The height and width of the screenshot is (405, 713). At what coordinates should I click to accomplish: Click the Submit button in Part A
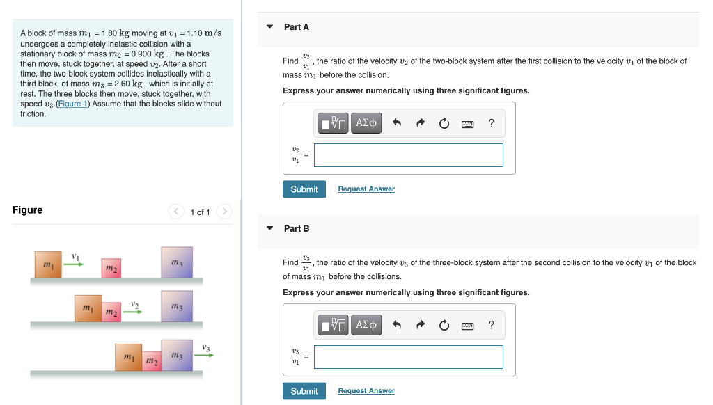[304, 189]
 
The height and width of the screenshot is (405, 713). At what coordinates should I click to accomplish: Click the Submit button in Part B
[304, 391]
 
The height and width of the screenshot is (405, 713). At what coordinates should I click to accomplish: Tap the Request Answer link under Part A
[366, 189]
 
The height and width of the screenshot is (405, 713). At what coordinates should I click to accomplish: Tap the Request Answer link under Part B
[366, 391]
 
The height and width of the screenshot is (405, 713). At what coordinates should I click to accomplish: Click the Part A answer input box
[408, 155]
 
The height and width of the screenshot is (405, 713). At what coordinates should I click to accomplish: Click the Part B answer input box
[408, 357]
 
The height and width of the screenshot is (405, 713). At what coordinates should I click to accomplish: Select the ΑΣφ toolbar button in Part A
[366, 123]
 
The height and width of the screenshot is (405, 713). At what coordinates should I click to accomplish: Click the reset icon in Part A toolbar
[444, 124]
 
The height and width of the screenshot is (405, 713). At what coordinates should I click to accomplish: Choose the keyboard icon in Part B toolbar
[468, 326]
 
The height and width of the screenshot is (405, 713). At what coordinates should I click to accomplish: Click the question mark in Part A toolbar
[492, 124]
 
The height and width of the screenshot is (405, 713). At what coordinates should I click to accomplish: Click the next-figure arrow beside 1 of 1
[224, 212]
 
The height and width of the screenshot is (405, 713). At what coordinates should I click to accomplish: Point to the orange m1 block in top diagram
[48, 264]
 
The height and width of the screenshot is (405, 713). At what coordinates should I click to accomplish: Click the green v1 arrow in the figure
[75, 264]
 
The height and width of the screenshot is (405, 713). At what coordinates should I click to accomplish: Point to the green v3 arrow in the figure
[204, 354]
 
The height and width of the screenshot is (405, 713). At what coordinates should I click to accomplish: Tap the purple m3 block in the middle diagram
[176, 308]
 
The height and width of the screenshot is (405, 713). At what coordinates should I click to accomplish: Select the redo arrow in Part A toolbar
[421, 124]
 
